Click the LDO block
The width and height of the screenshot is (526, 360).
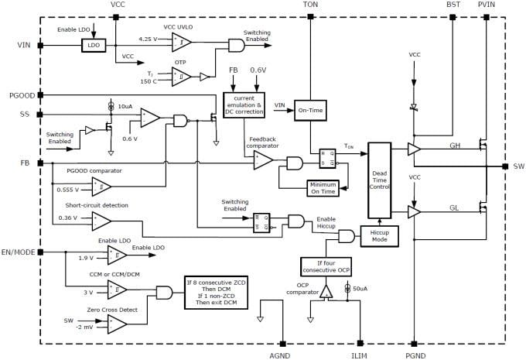point(94,46)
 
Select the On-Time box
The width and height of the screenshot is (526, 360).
point(309,111)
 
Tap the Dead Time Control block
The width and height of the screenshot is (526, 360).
point(380,179)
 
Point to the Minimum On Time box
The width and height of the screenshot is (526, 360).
point(323,188)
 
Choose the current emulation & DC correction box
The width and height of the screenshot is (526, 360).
point(243,105)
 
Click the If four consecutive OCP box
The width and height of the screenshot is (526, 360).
point(326,267)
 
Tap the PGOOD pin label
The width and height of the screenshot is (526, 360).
point(20,95)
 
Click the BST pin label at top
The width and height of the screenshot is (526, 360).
point(453,5)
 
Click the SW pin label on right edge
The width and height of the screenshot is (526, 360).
point(518,166)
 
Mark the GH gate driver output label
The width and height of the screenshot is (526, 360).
point(456,145)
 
